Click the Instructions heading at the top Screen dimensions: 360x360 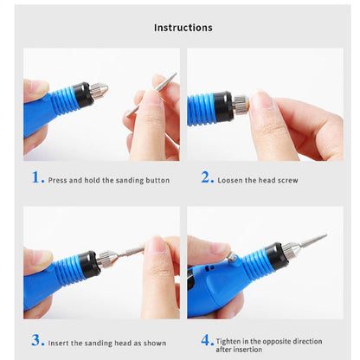tap(183, 27)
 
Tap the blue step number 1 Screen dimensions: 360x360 tap(36, 177)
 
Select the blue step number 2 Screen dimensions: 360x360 tap(207, 177)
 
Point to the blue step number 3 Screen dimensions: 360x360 tap(36, 339)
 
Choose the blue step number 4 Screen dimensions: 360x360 tap(207, 339)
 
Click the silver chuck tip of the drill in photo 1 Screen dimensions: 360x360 tap(98, 89)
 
